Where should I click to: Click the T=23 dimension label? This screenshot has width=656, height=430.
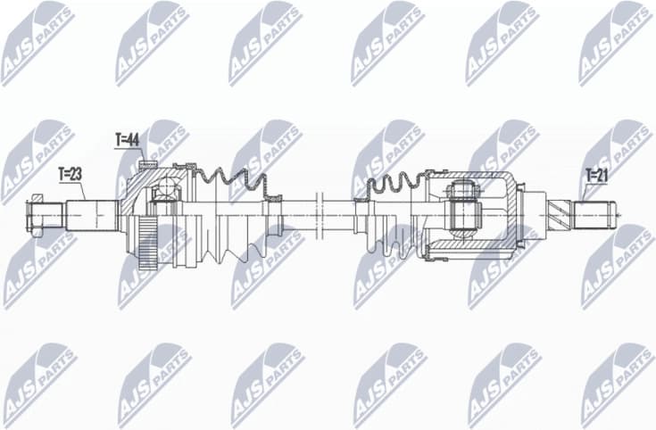(x=71, y=174)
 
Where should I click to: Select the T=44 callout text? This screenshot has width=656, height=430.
(x=129, y=140)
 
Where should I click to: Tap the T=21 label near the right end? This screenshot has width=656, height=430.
(x=596, y=176)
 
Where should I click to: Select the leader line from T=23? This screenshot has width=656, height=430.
(x=82, y=190)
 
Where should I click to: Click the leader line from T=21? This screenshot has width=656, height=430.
(x=585, y=193)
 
